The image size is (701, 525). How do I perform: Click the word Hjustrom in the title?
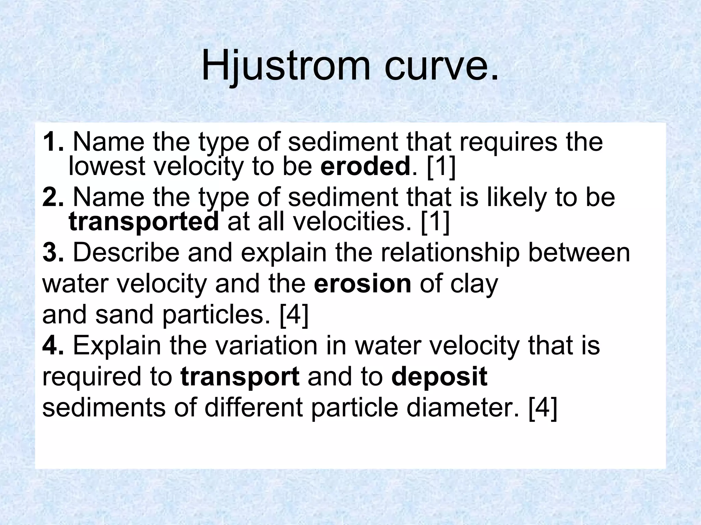pyautogui.click(x=286, y=66)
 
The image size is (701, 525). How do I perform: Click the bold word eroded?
pyautogui.click(x=365, y=166)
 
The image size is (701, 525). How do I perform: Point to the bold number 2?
pyautogui.click(x=53, y=198)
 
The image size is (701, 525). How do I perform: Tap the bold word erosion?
pyautogui.click(x=362, y=284)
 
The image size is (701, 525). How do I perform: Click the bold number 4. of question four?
pyautogui.click(x=53, y=346)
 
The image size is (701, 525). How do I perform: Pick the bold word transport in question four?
pyautogui.click(x=240, y=377)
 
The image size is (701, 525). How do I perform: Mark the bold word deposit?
pyautogui.click(x=439, y=377)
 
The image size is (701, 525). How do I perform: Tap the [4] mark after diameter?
pyautogui.click(x=543, y=407)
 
